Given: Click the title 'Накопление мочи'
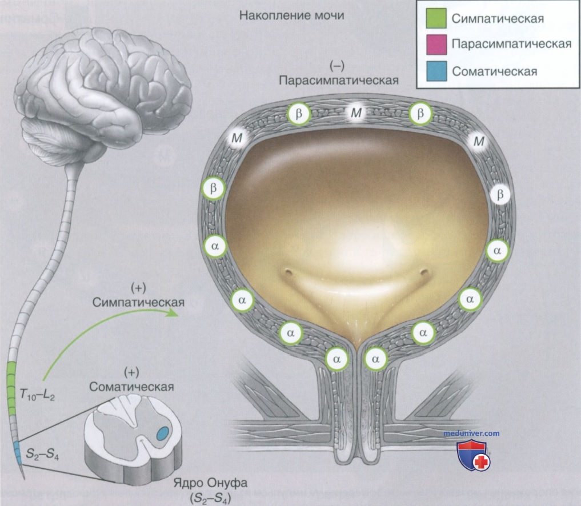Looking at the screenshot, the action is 291,15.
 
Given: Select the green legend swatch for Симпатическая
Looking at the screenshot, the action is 436,18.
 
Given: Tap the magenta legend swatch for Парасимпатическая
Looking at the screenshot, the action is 436,45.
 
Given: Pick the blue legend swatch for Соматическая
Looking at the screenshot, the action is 436,71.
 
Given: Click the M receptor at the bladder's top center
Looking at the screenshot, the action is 356,113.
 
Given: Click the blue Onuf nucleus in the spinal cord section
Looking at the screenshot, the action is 162,433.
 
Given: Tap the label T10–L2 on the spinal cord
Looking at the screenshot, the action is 37,396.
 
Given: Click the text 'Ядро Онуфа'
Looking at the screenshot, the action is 210,483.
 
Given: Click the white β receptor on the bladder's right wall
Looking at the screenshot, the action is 500,194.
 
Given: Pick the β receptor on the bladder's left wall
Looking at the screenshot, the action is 214,188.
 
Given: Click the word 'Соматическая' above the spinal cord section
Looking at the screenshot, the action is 131,387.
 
